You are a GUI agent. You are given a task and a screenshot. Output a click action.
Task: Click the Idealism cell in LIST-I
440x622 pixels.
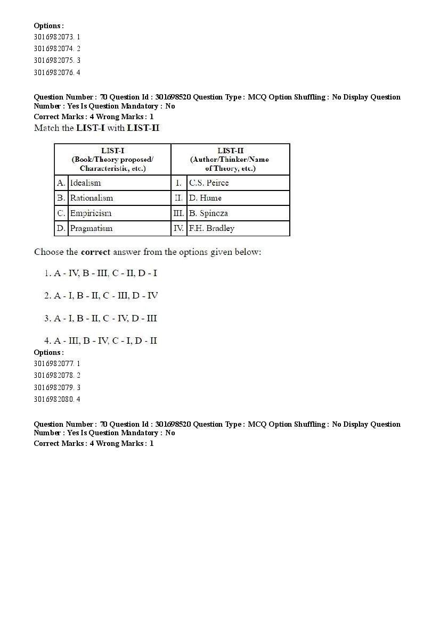pyautogui.click(x=85, y=183)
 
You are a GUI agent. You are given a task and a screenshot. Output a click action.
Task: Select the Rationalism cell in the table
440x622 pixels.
pyautogui.click(x=92, y=198)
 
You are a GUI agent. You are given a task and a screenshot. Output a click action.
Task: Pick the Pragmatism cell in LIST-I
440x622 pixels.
pyautogui.click(x=91, y=228)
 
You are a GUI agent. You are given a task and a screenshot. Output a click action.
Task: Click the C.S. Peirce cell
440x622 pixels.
pyautogui.click(x=209, y=183)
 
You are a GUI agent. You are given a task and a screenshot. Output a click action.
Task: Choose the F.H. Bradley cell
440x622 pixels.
pyautogui.click(x=211, y=228)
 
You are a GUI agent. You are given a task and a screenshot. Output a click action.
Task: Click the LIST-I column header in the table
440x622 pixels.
pyautogui.click(x=112, y=159)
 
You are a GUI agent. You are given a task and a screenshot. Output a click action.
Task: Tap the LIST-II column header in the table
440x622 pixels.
pyautogui.click(x=230, y=159)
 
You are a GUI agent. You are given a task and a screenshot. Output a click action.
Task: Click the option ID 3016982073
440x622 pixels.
pyautogui.click(x=57, y=37)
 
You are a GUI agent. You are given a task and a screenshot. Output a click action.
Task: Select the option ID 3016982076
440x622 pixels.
pyautogui.click(x=57, y=72)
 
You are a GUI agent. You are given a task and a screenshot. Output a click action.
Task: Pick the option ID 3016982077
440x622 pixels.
pyautogui.click(x=57, y=363)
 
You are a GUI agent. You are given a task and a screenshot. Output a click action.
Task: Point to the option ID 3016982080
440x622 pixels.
pyautogui.click(x=57, y=399)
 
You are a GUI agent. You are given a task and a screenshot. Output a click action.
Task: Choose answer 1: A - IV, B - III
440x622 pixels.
pyautogui.click(x=101, y=273)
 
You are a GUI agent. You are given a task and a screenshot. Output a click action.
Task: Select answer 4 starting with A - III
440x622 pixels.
pyautogui.click(x=101, y=341)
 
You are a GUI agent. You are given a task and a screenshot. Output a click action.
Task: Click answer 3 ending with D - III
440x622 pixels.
pyautogui.click(x=101, y=318)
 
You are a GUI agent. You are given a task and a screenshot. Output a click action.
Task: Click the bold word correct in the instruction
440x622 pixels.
pyautogui.click(x=94, y=252)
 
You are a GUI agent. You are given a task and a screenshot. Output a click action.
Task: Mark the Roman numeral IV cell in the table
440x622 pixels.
pyautogui.click(x=178, y=228)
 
